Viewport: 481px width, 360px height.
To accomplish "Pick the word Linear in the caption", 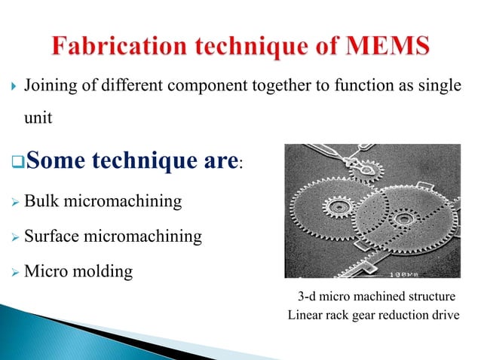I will [x=306, y=314].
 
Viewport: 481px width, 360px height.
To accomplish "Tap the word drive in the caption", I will [x=443, y=314].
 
